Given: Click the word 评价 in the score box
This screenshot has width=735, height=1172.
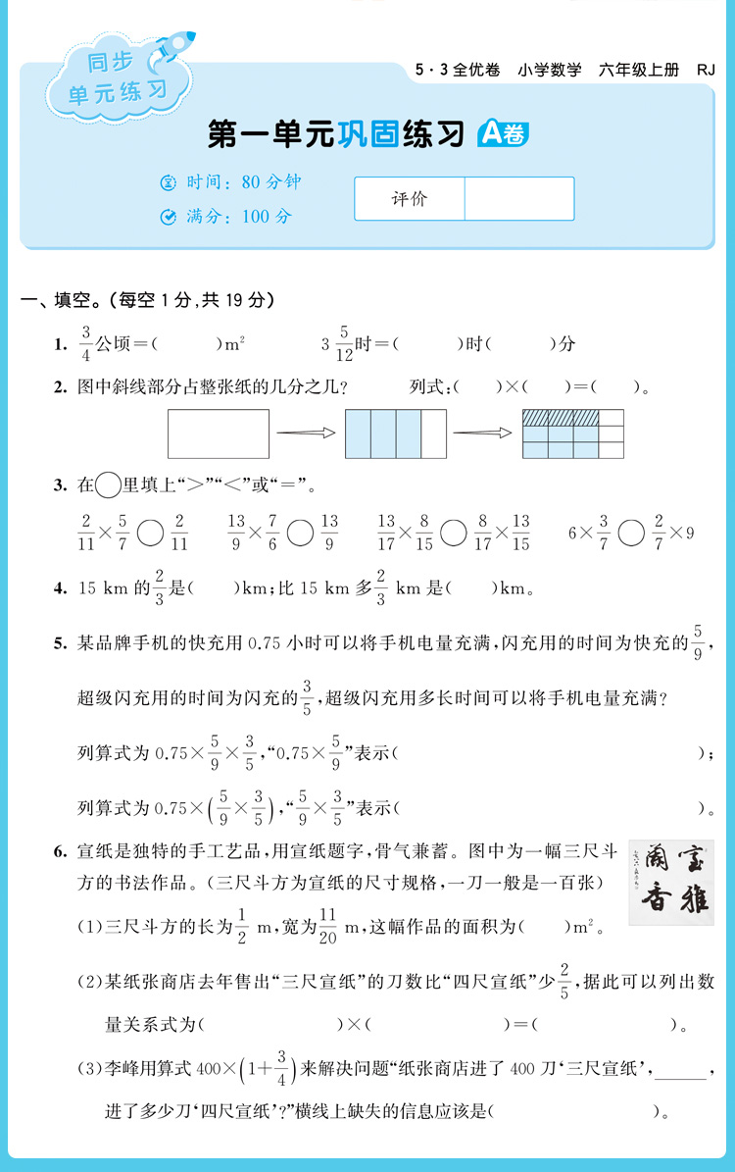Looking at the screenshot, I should [409, 199].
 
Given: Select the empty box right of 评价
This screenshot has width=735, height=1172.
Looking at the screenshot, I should [518, 199].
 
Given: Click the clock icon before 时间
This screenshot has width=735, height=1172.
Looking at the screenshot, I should [168, 182].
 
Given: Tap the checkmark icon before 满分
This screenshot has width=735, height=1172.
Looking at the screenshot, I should [168, 217].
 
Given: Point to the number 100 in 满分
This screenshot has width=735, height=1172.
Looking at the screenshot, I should [254, 217].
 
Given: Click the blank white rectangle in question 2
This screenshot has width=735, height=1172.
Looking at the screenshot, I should [219, 434].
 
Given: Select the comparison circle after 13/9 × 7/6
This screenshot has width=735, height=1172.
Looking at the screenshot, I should [301, 534].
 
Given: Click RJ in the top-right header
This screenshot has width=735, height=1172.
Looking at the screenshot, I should [706, 70].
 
